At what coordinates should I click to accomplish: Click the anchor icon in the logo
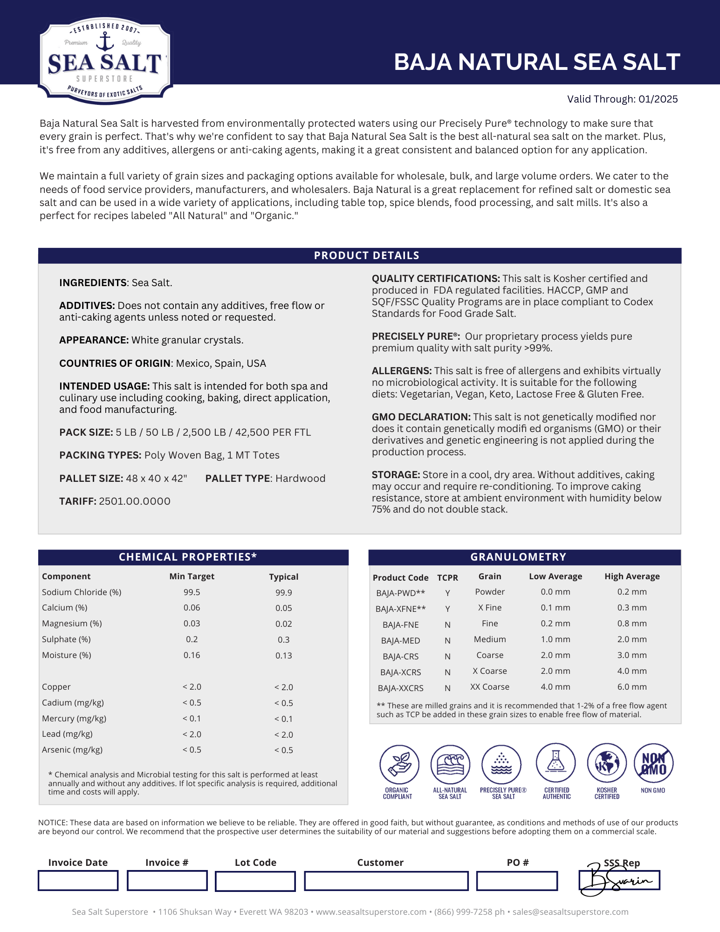click(x=105, y=42)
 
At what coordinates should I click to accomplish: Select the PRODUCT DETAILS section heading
click(x=366, y=255)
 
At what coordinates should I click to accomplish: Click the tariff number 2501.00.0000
click(x=135, y=501)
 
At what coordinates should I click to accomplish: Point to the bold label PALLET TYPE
click(x=238, y=478)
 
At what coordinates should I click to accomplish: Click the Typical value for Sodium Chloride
click(x=283, y=592)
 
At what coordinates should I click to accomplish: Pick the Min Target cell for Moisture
click(x=192, y=655)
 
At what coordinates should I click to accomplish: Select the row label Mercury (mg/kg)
click(x=74, y=718)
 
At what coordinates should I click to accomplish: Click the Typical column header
click(x=283, y=576)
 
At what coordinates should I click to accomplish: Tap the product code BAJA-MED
click(x=400, y=640)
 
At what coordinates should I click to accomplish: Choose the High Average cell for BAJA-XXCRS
click(x=632, y=687)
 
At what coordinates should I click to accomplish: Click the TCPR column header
click(x=447, y=577)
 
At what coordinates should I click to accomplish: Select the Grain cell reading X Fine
click(x=490, y=608)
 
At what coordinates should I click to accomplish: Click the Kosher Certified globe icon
click(x=607, y=763)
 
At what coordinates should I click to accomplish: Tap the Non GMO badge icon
click(x=653, y=763)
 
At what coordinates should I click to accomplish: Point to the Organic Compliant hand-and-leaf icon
click(x=399, y=763)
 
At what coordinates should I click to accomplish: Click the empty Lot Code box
click(x=255, y=881)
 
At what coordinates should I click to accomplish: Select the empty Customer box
click(x=386, y=881)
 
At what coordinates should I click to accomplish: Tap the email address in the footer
click(x=570, y=912)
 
